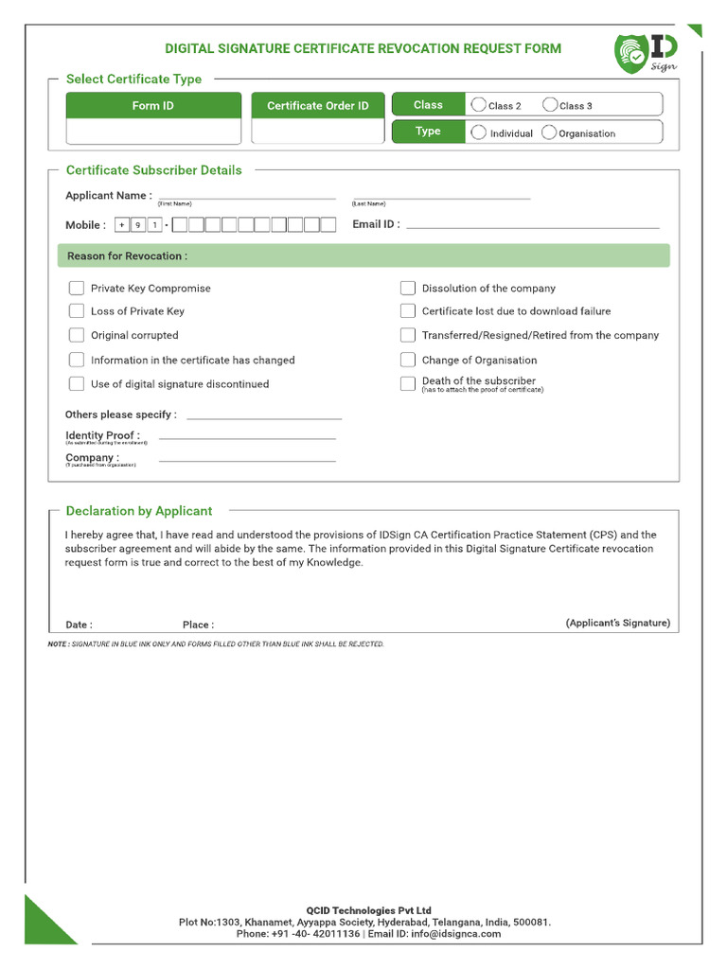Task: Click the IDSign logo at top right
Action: coord(646,54)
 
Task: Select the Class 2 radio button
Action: coord(478,105)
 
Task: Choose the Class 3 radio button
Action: coord(549,105)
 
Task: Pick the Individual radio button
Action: coord(479,132)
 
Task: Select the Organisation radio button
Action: coord(549,132)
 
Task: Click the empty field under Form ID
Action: coord(153,132)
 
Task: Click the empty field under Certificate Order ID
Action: coord(318,132)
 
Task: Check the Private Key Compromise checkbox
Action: coord(77,288)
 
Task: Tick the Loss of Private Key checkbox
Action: coord(77,310)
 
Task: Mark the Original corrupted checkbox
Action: coord(77,335)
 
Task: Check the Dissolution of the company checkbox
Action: coord(407,288)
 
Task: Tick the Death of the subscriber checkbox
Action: coord(407,383)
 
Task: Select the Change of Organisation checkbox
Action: coord(407,360)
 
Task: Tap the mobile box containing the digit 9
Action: coord(138,225)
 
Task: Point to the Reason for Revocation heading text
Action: coord(127,256)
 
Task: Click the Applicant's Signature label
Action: coord(617,623)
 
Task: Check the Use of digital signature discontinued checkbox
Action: coord(77,384)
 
